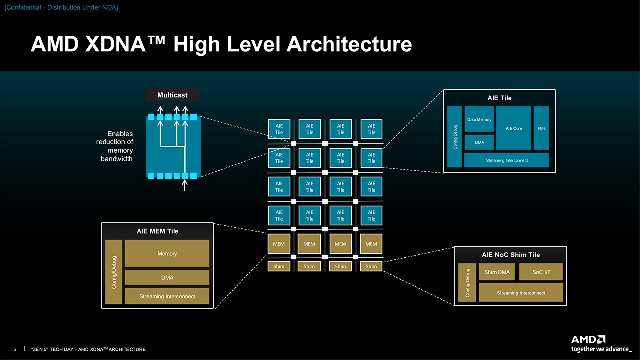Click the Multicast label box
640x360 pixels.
(172, 95)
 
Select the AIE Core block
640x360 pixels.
(513, 128)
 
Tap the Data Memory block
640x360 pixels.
(479, 119)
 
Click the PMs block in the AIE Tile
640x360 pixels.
(541, 128)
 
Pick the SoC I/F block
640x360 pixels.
(541, 272)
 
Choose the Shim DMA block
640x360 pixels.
(497, 272)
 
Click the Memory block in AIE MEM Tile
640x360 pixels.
(167, 253)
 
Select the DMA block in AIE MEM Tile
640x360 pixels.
(167, 277)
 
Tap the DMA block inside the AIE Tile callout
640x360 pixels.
(479, 142)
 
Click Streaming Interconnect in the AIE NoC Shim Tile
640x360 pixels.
(521, 293)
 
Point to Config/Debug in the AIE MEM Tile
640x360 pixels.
(114, 272)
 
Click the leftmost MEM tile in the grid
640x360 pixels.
(279, 244)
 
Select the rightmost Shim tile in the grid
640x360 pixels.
(371, 266)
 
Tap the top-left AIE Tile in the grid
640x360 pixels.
(279, 129)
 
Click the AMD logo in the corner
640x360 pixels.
(588, 339)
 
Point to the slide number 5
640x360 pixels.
(15, 349)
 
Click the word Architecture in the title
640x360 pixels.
(349, 44)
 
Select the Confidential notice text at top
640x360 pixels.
(61, 7)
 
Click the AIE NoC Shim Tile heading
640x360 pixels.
(511, 255)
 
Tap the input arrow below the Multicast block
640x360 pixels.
(185, 185)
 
